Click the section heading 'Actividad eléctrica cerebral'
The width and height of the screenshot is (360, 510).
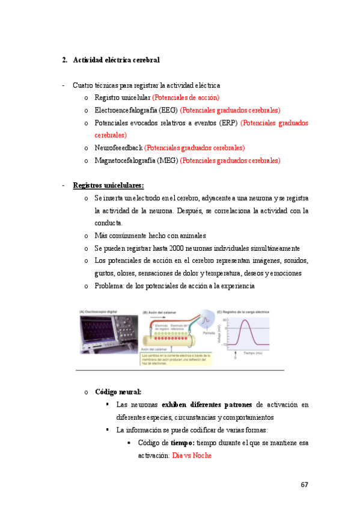(116, 60)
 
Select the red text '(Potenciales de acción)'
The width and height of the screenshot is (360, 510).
(186, 97)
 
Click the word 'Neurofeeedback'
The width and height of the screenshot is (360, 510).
(118, 147)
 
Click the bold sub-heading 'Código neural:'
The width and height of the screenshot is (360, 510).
(118, 392)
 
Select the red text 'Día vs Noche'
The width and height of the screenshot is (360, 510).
(192, 455)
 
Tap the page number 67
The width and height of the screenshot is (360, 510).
(304, 485)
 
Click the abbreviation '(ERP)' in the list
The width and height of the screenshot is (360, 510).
(227, 123)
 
